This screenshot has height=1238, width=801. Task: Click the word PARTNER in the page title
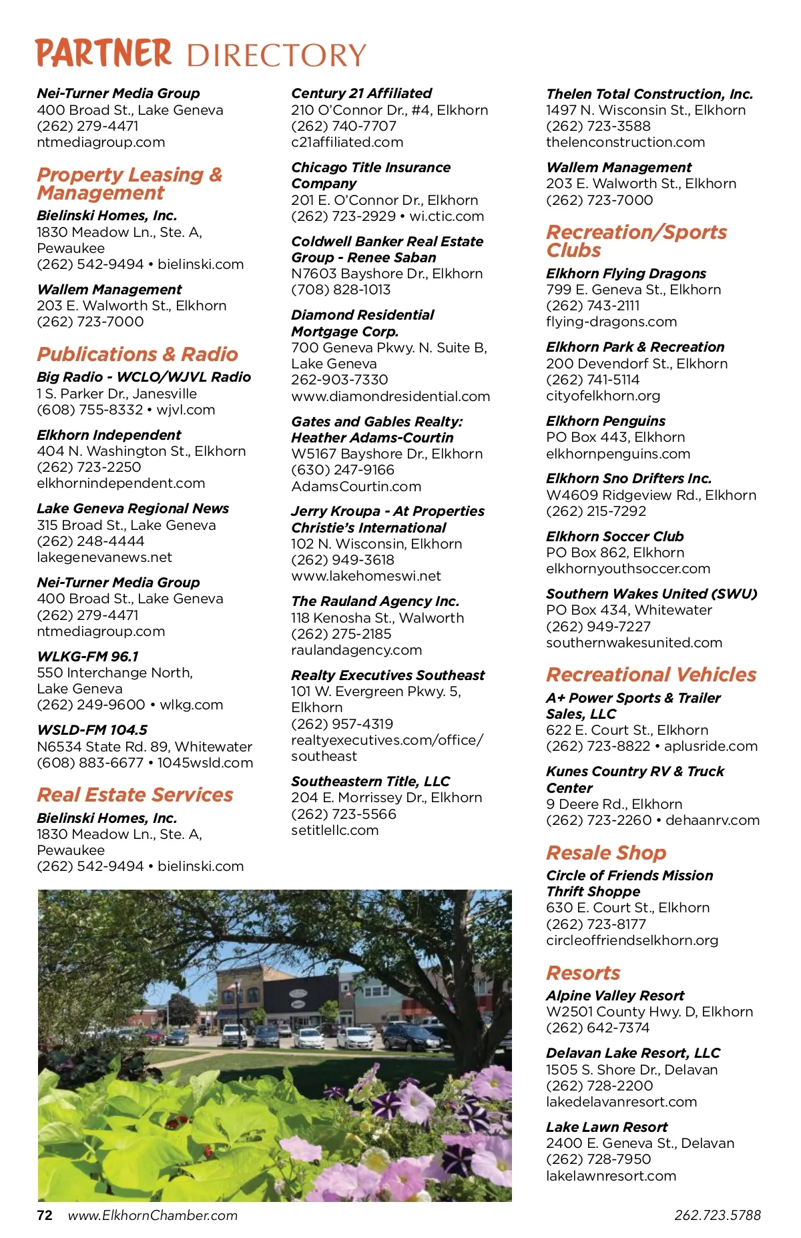(103, 53)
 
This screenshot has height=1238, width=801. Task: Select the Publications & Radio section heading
(137, 354)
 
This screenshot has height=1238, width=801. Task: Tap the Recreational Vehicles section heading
(651, 675)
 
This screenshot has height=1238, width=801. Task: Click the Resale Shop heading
(605, 853)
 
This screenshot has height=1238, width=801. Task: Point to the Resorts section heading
(583, 973)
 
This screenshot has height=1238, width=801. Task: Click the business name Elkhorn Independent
(109, 435)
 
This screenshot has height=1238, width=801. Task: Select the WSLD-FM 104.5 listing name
(92, 730)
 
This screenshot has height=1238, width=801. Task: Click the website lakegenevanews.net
(104, 557)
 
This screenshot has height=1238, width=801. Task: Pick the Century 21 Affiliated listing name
(361, 93)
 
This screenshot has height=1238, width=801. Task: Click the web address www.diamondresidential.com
(390, 396)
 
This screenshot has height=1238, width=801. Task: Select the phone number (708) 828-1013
(340, 290)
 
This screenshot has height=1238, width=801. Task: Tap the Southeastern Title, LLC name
(370, 782)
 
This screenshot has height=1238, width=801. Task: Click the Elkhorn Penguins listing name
(605, 421)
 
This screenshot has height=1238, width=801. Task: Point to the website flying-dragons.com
(611, 322)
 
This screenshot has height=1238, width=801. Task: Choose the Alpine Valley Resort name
(615, 996)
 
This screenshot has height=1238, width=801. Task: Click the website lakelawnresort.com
(611, 1176)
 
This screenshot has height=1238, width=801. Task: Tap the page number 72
(45, 1215)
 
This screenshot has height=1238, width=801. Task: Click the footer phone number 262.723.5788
(718, 1215)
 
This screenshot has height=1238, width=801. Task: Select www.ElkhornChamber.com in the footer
(153, 1215)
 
